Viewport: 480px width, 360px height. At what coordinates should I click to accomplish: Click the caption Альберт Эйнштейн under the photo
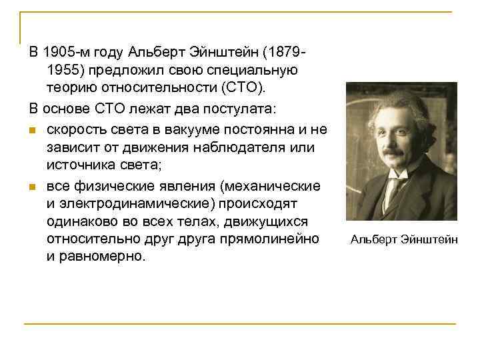point(404,239)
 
